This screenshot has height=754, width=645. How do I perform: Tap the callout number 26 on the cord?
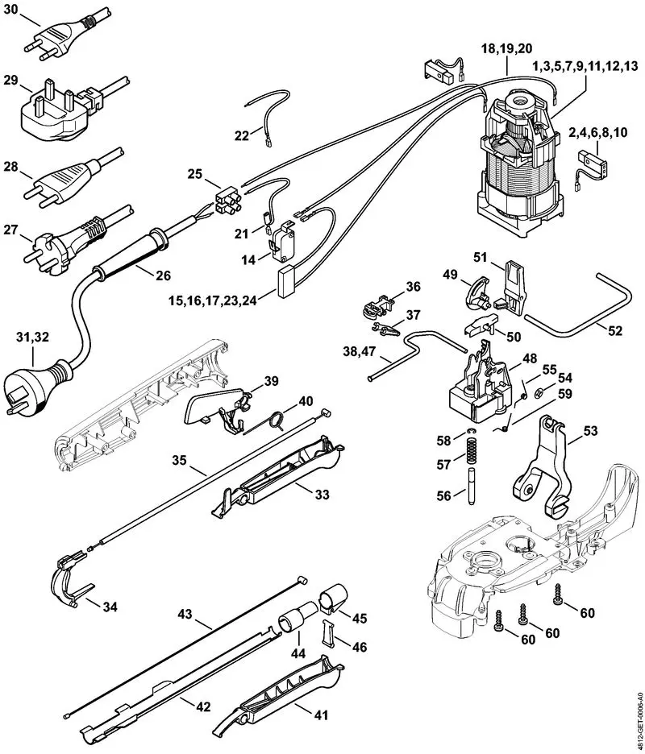point(163,275)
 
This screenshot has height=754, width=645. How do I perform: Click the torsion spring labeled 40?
point(275,419)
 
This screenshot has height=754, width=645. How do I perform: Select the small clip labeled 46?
point(331,632)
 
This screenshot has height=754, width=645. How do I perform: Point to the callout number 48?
point(529,357)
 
